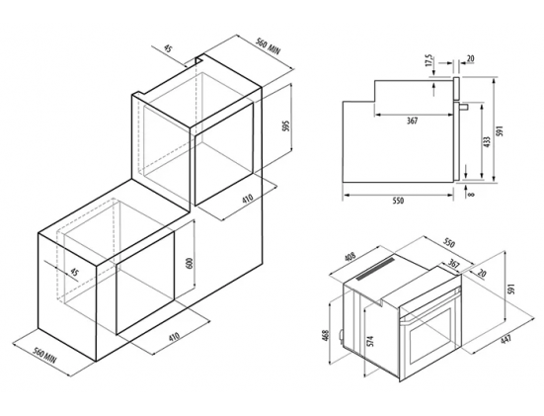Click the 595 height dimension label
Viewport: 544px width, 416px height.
(x=286, y=126)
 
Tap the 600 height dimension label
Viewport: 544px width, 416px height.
(x=190, y=263)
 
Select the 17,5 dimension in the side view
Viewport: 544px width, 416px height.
(x=429, y=60)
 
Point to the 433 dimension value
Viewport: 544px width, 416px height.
(x=487, y=141)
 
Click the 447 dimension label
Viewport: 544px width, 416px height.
(x=506, y=338)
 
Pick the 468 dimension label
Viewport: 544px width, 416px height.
(x=326, y=335)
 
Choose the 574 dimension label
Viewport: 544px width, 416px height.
(x=370, y=341)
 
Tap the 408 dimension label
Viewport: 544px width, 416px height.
(x=350, y=257)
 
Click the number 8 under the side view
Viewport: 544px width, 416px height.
(x=471, y=194)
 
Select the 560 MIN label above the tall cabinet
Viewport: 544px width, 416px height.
(x=268, y=46)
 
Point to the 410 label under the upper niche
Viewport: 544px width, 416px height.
(x=248, y=199)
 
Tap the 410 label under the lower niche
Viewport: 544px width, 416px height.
(x=174, y=336)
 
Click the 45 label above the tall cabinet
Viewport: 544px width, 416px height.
(x=168, y=48)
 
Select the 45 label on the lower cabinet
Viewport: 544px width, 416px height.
(x=74, y=272)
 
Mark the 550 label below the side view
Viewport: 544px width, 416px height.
(x=398, y=201)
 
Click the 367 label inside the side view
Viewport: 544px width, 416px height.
(x=412, y=121)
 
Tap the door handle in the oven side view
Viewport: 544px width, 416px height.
(x=464, y=107)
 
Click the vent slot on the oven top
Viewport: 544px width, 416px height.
(x=376, y=269)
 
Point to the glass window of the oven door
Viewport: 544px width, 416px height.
(x=430, y=334)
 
